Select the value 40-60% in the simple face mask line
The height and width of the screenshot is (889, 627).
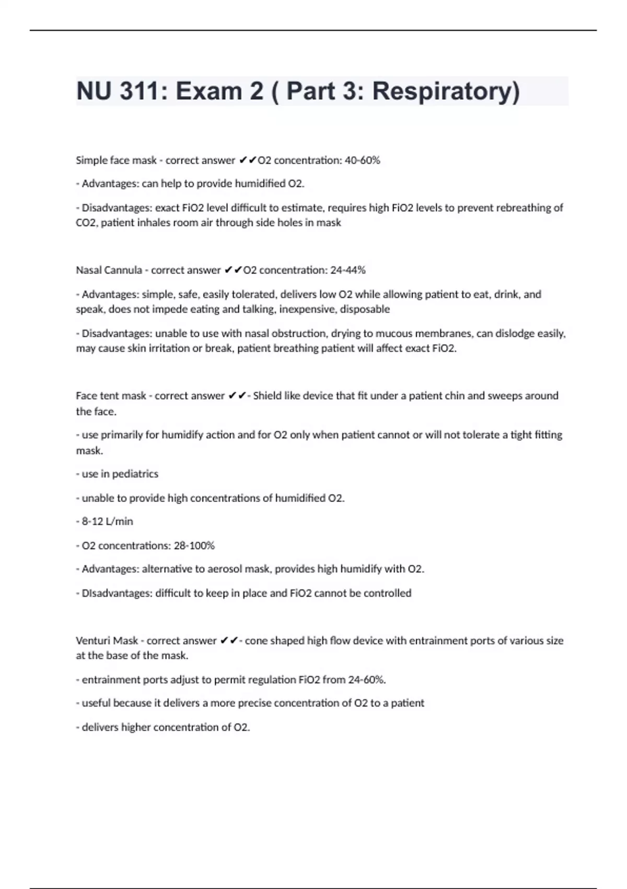363,161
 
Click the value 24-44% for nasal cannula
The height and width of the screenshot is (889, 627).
348,270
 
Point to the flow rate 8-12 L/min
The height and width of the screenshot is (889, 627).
108,521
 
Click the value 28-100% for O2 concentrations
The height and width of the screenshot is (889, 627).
194,545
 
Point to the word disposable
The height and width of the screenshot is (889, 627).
365,309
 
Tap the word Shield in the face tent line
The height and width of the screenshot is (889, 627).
267,396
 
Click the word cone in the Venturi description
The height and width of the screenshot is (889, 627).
256,641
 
